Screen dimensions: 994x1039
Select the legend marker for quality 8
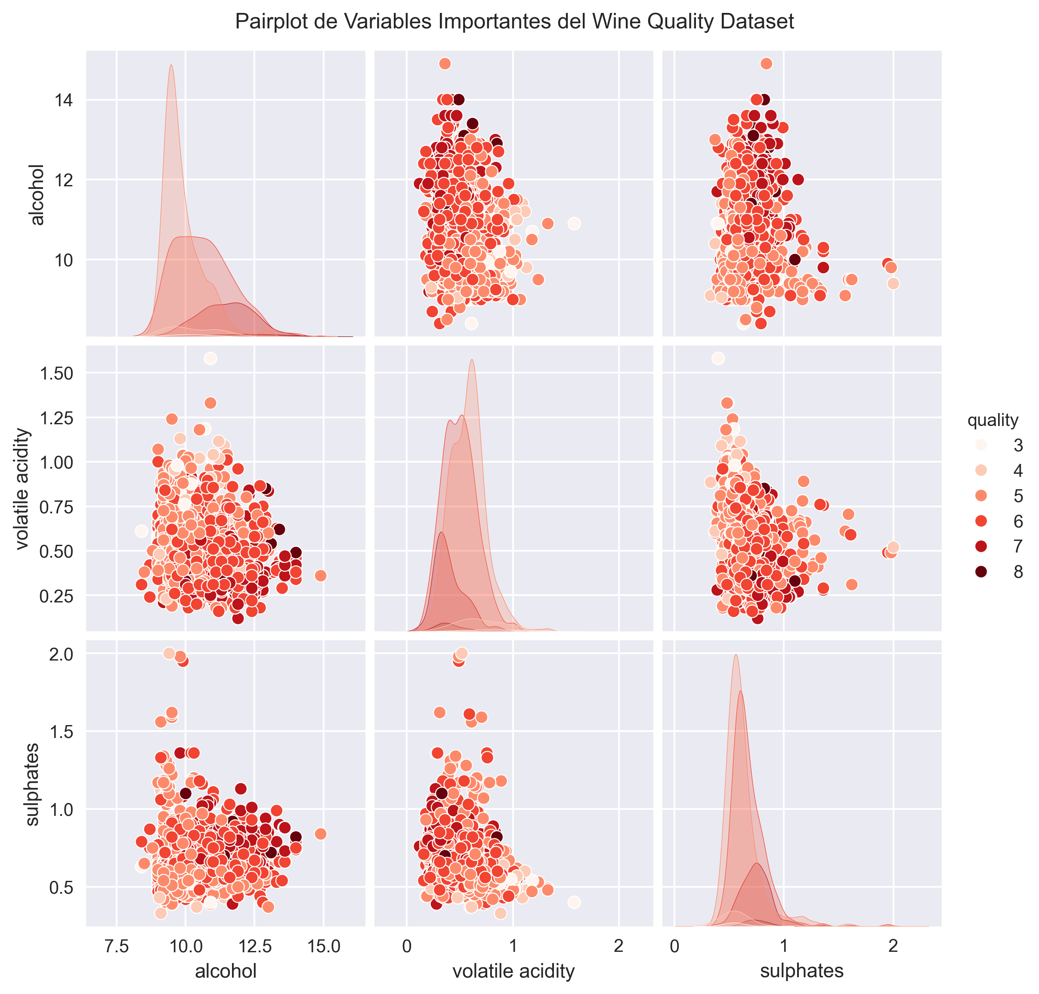[x=981, y=572]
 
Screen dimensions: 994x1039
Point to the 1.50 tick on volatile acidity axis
[x=56, y=374]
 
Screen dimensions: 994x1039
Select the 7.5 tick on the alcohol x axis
[x=117, y=946]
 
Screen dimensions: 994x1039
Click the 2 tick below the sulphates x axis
[x=893, y=946]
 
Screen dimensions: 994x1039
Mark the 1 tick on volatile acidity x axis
[x=513, y=946]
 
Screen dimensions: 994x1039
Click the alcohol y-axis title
[x=37, y=194]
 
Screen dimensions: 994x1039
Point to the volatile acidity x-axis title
[x=513, y=971]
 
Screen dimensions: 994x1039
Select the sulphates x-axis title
[x=801, y=971]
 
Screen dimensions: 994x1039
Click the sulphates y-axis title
[x=32, y=784]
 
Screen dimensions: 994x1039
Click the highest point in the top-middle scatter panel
[x=445, y=64]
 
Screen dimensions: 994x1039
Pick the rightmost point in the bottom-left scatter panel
[x=320, y=834]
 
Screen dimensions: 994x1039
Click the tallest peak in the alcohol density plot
[x=171, y=66]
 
